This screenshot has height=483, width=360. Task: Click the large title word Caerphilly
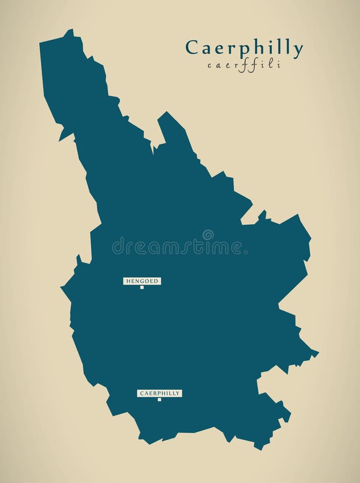click(x=244, y=48)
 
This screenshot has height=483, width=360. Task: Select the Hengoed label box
click(x=142, y=281)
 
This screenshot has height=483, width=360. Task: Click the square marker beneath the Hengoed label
click(x=142, y=287)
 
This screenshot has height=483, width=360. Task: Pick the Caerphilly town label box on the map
click(x=159, y=393)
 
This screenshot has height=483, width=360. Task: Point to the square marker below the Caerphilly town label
click(x=159, y=399)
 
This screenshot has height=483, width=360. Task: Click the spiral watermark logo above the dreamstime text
click(x=208, y=235)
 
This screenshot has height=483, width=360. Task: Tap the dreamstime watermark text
click(x=177, y=247)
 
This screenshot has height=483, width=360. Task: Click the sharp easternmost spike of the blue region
click(x=318, y=353)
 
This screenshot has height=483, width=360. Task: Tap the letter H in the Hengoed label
click(x=128, y=281)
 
